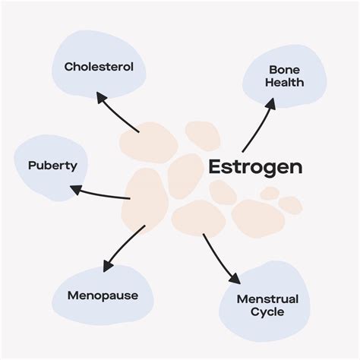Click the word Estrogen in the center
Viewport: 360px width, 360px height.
pyautogui.click(x=255, y=167)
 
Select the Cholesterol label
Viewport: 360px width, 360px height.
pyautogui.click(x=99, y=67)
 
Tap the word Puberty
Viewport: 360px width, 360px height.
pyautogui.click(x=52, y=165)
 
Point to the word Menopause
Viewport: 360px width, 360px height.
pyautogui.click(x=103, y=295)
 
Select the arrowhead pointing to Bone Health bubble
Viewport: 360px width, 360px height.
pyautogui.click(x=270, y=103)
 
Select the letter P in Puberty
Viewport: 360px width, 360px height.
pyautogui.click(x=32, y=165)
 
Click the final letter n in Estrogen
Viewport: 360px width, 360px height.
pyautogui.click(x=296, y=169)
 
